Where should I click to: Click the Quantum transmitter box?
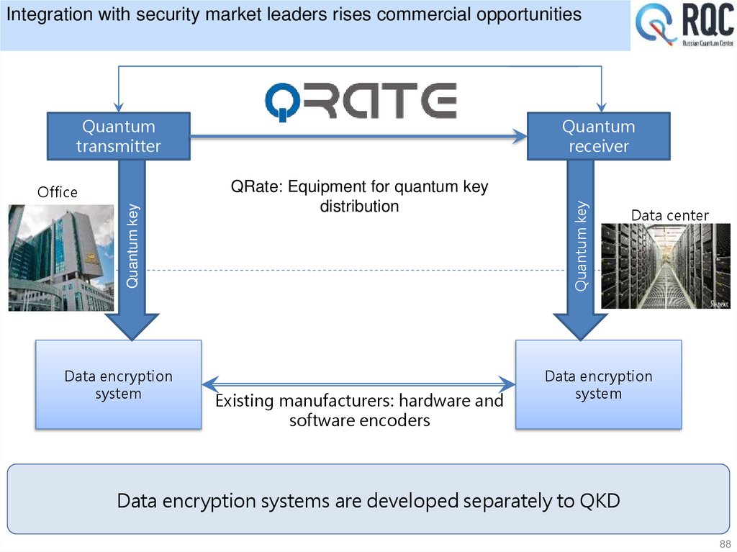point(118,136)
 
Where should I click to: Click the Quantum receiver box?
point(598,136)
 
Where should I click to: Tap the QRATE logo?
point(361,101)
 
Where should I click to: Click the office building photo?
point(61,258)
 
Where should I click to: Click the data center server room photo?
point(665,266)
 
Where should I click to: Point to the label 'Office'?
point(57,192)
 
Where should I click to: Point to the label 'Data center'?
point(669,215)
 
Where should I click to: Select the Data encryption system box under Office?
point(118,385)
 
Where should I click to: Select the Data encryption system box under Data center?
point(598,385)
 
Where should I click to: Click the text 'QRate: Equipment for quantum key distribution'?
point(359,196)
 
